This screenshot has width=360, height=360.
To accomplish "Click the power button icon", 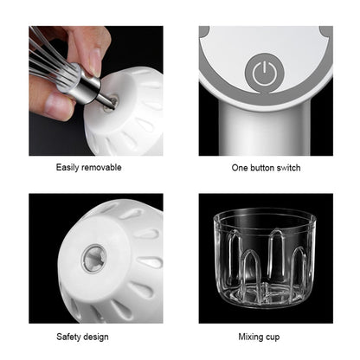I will [x=264, y=73].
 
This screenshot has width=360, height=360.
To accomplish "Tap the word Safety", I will [x=71, y=334].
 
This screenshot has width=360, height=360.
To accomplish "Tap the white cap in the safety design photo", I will [x=108, y=264].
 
